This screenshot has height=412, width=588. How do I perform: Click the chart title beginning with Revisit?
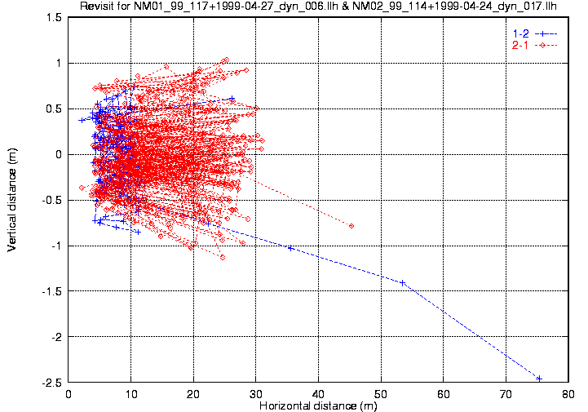pyautogui.click(x=318, y=7)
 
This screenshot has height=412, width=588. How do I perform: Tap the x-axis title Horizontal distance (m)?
pyautogui.click(x=317, y=405)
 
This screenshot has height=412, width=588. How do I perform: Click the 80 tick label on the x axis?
pyautogui.click(x=568, y=392)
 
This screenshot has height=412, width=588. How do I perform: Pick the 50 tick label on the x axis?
pyautogui.click(x=381, y=392)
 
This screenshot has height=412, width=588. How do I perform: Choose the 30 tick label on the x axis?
pyautogui.click(x=256, y=392)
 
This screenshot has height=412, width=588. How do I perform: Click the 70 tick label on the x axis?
pyautogui.click(x=506, y=392)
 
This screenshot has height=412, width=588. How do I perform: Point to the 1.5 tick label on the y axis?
pyautogui.click(x=56, y=17)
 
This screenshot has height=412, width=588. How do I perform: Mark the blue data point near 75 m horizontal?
pyautogui.click(x=539, y=379)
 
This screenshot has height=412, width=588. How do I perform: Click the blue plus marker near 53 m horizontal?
pyautogui.click(x=402, y=283)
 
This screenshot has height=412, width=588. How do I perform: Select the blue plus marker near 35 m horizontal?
pyautogui.click(x=290, y=248)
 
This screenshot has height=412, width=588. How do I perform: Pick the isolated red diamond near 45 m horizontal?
pyautogui.click(x=351, y=226)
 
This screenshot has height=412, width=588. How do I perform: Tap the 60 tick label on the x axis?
pyautogui.click(x=443, y=392)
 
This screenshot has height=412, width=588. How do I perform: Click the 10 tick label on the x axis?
pyautogui.click(x=131, y=392)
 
